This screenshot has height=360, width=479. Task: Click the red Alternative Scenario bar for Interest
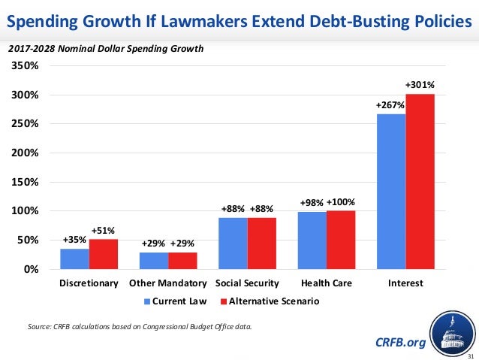pos(420,181)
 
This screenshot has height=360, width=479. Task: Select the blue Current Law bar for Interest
pos(391,191)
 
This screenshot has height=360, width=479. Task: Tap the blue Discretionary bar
pos(74,259)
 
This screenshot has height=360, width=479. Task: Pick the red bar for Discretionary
pos(103,254)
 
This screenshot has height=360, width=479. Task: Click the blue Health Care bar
pos(312,240)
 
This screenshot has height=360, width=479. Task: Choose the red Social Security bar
pos(261,243)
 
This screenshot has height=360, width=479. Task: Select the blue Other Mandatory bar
pos(154,260)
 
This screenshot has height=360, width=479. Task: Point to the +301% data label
pos(420,85)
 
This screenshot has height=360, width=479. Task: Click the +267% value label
pos(390,107)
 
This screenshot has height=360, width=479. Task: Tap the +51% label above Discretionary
pos(104,230)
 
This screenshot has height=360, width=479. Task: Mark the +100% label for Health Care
pos(342,202)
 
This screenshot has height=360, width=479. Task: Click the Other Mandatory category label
pos(167,284)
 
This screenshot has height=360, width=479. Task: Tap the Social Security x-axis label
pos(247,284)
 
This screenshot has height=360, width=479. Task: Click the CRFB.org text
pos(399,343)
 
